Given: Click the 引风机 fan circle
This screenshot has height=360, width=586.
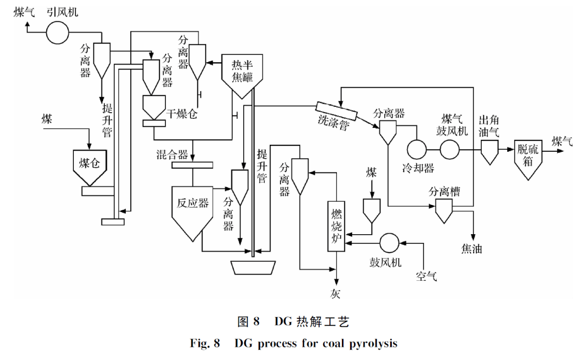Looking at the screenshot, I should (56, 33).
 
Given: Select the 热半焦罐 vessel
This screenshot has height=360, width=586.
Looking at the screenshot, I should (243, 73).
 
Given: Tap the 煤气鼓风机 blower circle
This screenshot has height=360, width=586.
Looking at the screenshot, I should (450, 149).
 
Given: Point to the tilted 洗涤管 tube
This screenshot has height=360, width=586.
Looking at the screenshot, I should (336, 112).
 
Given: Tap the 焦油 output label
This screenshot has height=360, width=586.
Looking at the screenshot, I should (472, 249).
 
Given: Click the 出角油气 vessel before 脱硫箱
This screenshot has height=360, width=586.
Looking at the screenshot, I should (490, 151).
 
